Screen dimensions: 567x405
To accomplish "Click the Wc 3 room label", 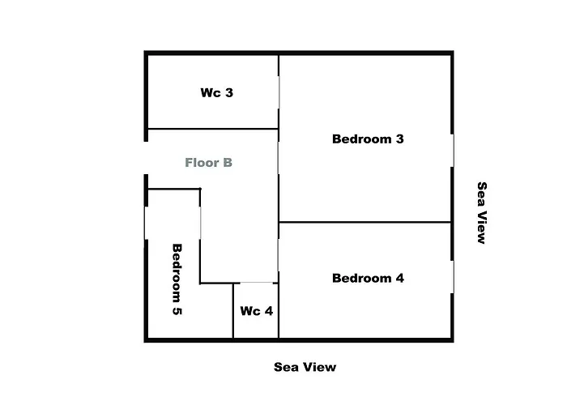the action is coord(216,92).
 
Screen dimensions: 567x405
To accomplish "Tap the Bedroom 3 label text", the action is coord(368,139).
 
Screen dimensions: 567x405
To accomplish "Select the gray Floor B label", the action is coord(208,163).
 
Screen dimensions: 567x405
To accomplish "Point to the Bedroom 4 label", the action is coord(368,278).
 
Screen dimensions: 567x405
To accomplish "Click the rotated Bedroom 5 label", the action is coord(177,279).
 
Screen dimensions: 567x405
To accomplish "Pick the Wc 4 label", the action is coord(257,311).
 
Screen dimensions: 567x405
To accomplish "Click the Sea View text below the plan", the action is coord(305,367).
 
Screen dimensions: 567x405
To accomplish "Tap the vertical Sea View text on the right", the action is coord(482,213).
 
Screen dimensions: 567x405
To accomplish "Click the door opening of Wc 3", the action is coord(279,92).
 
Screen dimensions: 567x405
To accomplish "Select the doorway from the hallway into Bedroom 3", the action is coord(279,158).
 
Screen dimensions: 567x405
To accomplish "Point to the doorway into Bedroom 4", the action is coord(279,254).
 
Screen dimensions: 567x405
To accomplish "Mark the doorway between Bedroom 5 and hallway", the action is coord(200,223).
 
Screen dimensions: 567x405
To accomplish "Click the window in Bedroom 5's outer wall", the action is coord(146,223).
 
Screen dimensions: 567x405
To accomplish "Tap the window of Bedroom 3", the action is coord(452,151).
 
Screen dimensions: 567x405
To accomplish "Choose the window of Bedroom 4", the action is coord(452,277).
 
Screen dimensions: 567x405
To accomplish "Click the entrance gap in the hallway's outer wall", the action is coord(146,158).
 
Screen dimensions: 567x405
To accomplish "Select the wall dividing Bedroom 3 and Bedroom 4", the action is coord(364,222).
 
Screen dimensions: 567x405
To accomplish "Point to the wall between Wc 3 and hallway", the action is coord(213,129).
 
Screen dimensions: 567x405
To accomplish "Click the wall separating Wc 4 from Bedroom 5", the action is coord(233,310).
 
